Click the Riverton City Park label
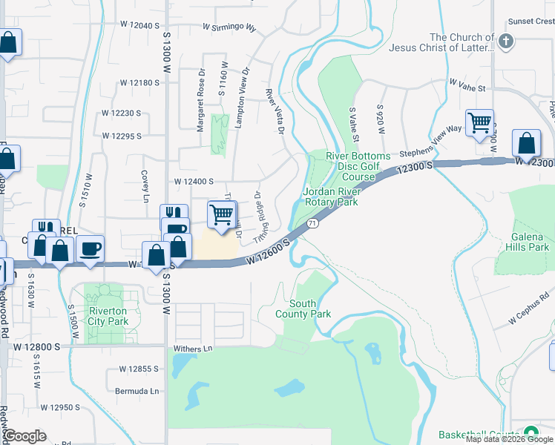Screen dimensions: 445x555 coord(108,316)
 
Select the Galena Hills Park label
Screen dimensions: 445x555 coord(522,241)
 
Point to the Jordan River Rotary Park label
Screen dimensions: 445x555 coord(330,197)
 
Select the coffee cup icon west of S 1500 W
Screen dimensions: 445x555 coord(91,248)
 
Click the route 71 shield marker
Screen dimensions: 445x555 coord(313,222)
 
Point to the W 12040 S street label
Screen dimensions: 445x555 coord(140,25)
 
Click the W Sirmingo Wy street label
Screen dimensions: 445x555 coord(229,27)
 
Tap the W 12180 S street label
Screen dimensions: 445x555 coord(140,83)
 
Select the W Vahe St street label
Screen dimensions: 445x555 coord(467,88)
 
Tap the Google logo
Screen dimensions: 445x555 coord(24,436)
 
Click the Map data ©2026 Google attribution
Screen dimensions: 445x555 coord(509,439)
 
